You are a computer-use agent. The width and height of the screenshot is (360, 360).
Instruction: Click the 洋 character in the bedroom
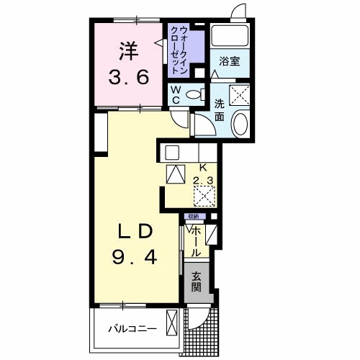(x=128, y=50)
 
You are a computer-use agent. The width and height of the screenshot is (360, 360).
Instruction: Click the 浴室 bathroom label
(x=229, y=63)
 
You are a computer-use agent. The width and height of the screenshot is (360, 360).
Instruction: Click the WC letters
(x=175, y=94)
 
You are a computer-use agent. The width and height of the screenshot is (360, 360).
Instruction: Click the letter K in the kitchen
(x=202, y=166)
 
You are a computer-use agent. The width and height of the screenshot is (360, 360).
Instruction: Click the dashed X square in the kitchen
(x=204, y=195)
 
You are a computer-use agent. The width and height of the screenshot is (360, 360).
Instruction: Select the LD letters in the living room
(x=135, y=232)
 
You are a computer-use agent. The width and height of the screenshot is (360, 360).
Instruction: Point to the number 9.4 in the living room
(x=135, y=256)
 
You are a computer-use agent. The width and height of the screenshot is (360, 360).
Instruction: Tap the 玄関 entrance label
(x=196, y=282)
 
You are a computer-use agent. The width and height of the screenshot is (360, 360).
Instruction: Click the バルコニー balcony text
(x=132, y=328)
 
